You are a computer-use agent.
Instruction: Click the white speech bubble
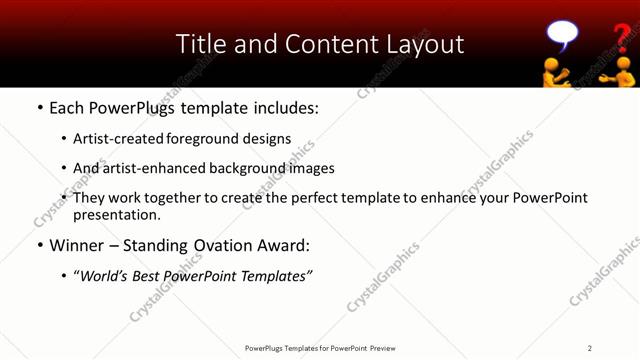click(562, 36)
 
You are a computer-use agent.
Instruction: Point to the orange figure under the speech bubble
click(556, 72)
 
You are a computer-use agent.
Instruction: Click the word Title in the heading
click(201, 44)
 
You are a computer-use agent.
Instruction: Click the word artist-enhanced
click(149, 168)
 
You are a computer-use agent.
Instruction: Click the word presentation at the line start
click(115, 214)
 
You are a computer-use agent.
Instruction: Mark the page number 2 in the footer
click(590, 348)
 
